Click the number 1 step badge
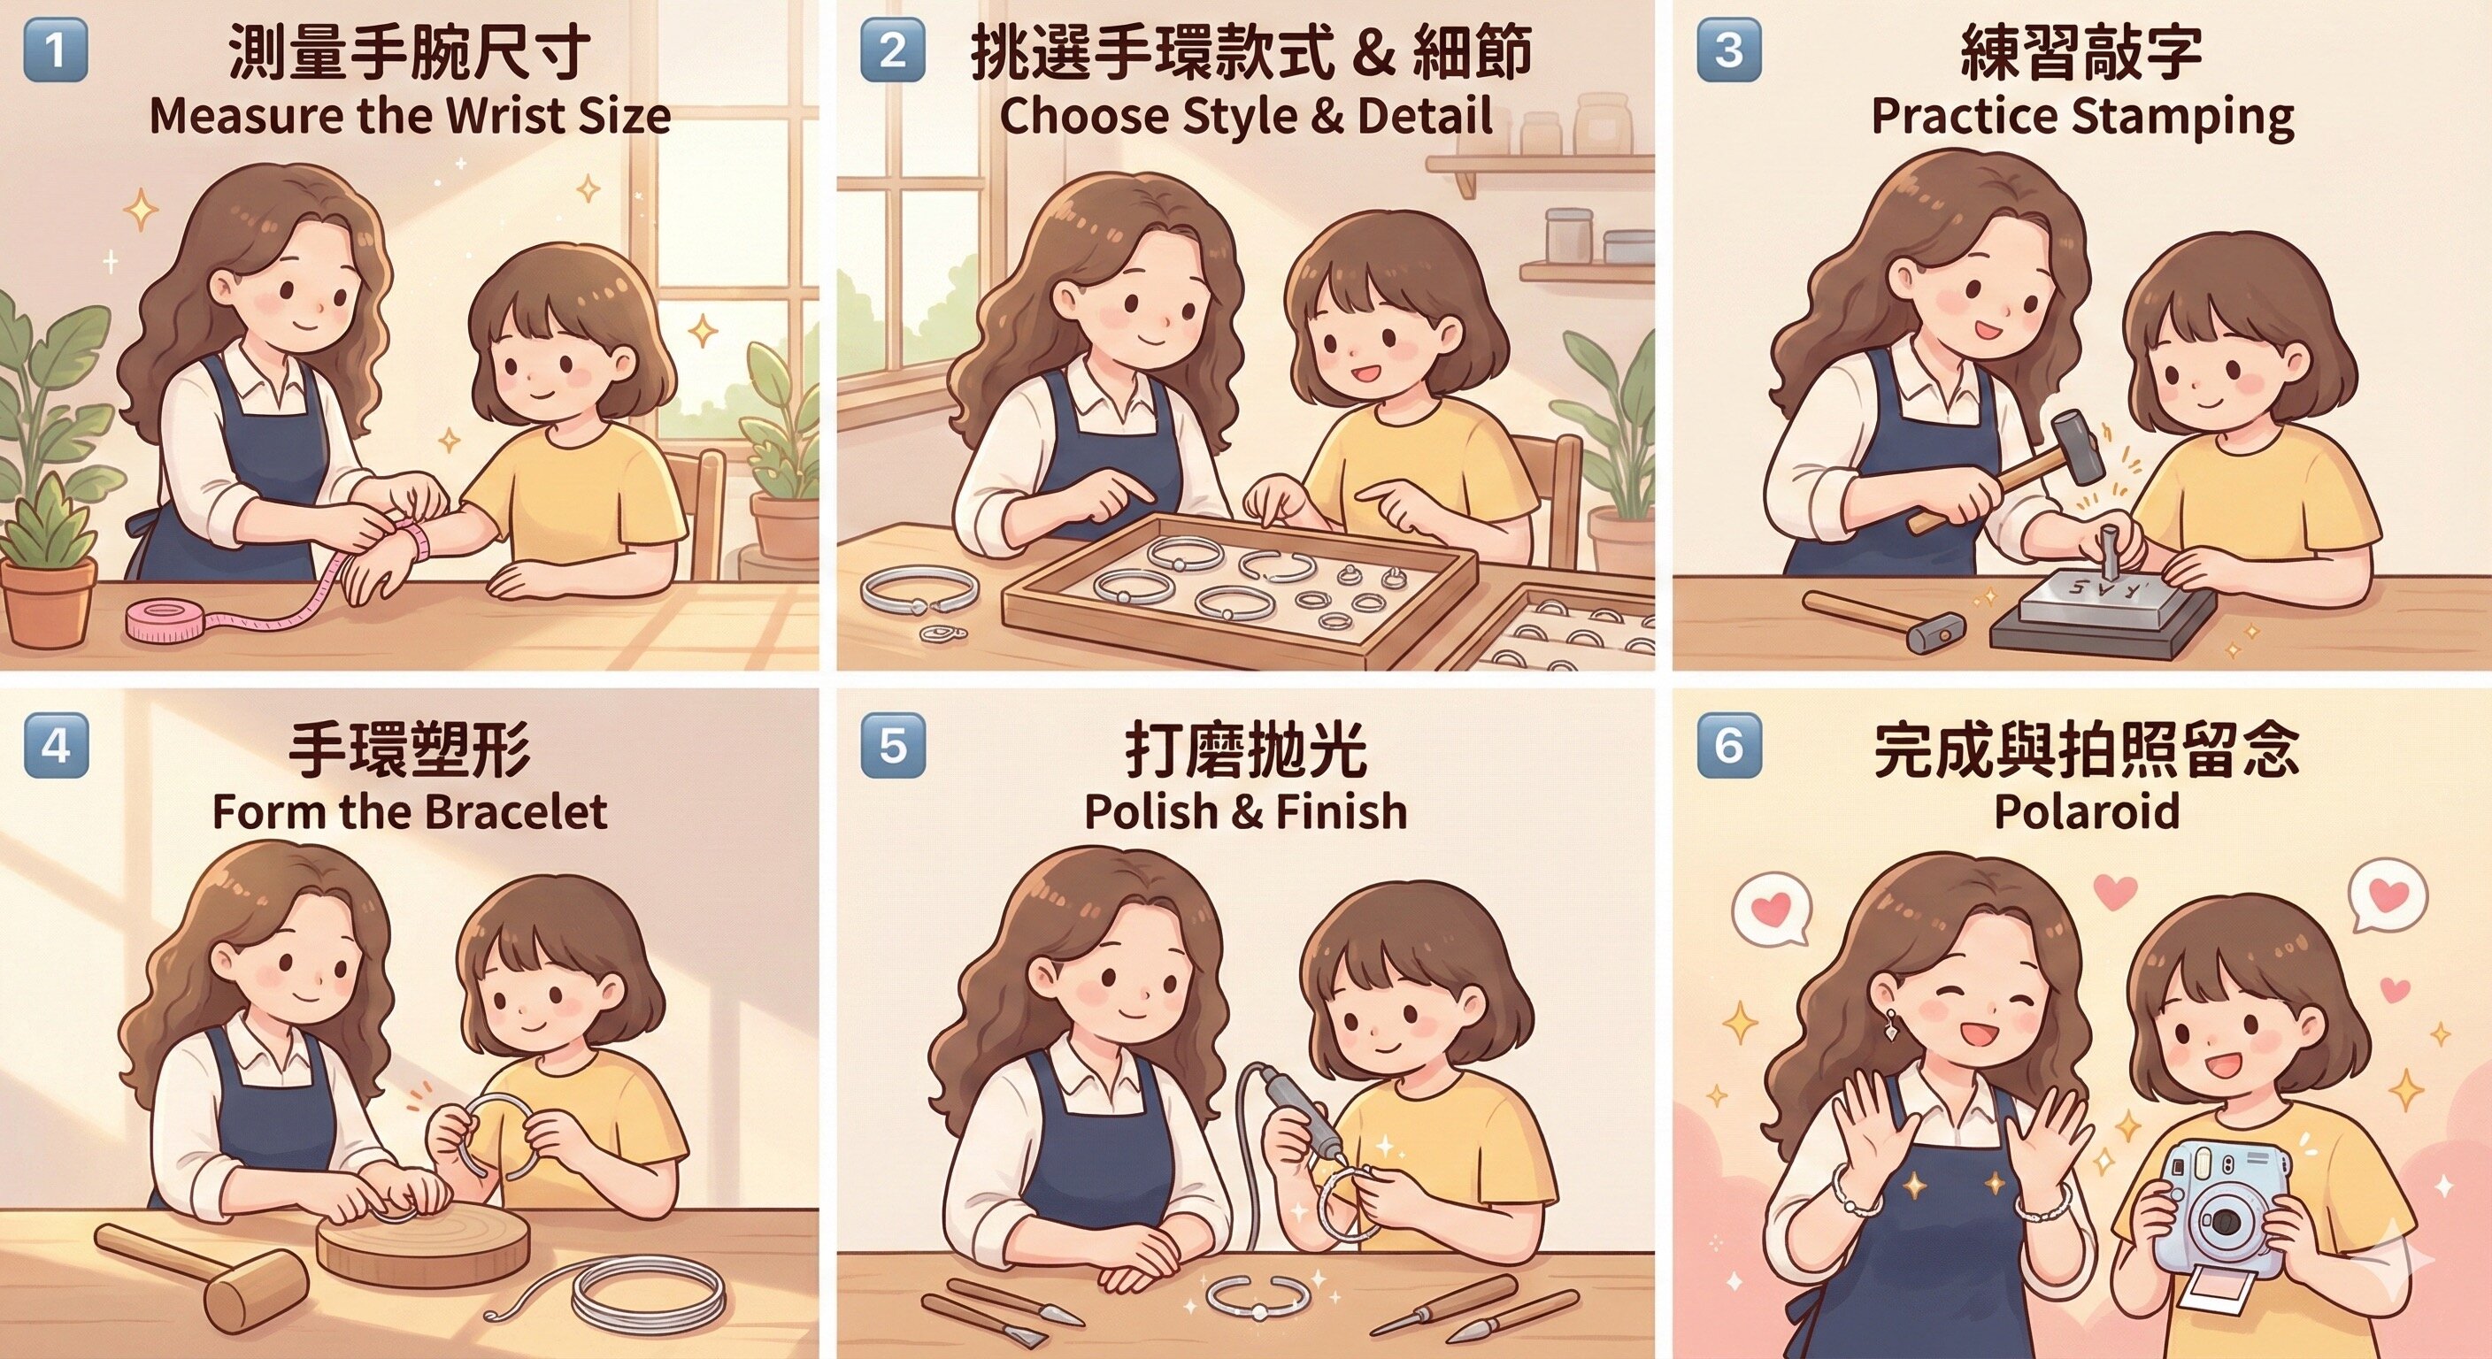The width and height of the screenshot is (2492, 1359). tap(55, 50)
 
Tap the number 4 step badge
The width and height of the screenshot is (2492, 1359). tap(55, 745)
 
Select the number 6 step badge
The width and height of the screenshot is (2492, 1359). tap(1728, 745)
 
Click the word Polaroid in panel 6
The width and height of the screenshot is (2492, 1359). tap(2087, 810)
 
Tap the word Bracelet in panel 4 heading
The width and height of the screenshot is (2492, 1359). tap(515, 810)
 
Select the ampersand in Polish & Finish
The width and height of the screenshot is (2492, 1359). tap(1246, 811)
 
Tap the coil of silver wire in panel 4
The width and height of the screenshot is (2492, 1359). tap(648, 1294)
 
